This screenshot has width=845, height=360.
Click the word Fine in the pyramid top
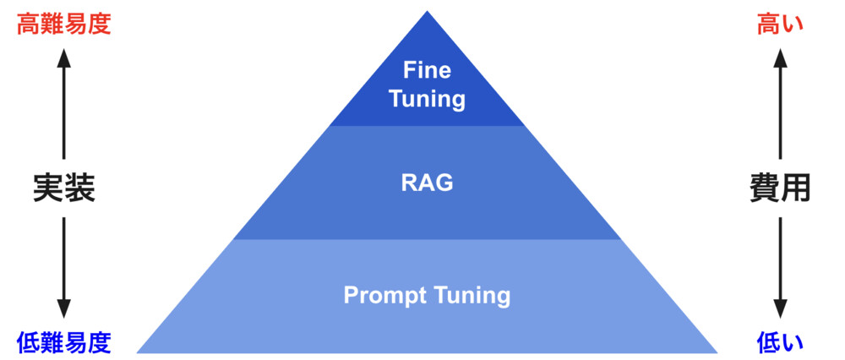tap(427, 69)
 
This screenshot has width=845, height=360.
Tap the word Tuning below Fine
tap(427, 99)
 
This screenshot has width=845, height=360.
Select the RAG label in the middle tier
tap(427, 183)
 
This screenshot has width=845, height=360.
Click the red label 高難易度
tap(64, 23)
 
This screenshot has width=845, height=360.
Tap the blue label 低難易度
tap(64, 342)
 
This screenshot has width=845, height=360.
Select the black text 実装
tap(64, 188)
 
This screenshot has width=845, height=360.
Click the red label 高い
tap(780, 23)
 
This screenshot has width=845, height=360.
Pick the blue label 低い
tap(780, 342)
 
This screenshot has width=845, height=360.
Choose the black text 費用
tap(780, 188)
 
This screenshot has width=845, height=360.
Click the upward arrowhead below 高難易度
tap(64, 57)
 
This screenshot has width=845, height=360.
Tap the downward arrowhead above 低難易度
tap(64, 310)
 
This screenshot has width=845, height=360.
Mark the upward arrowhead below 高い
tap(780, 57)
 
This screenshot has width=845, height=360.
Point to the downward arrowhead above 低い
tap(780, 310)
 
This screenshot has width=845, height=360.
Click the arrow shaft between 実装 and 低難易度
tap(64, 258)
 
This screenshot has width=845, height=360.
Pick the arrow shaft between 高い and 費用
tap(780, 110)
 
